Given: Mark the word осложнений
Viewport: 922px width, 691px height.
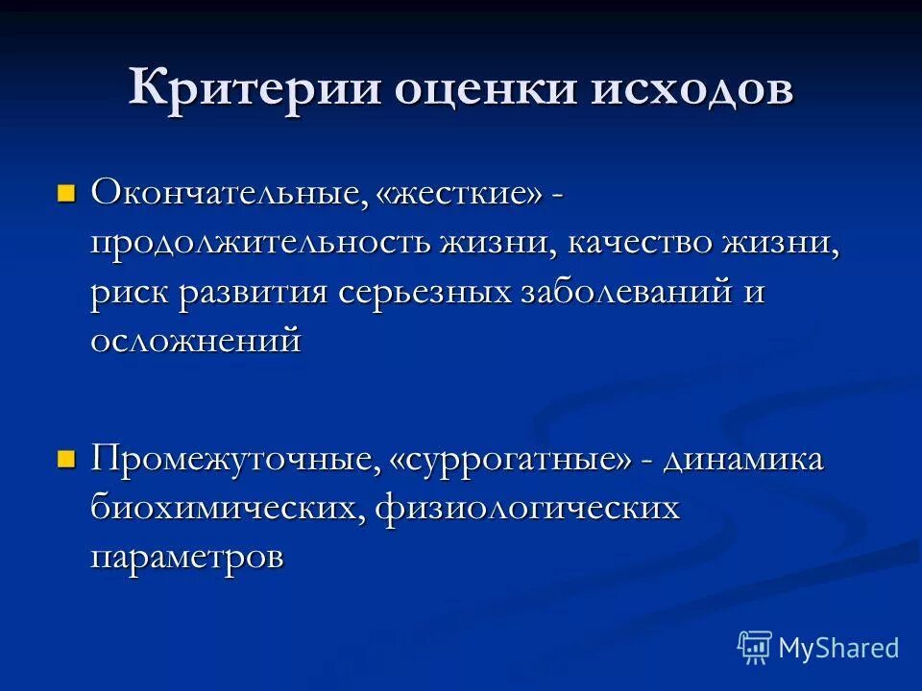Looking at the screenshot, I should click(196, 341).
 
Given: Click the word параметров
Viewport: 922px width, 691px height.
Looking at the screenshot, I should click(187, 558).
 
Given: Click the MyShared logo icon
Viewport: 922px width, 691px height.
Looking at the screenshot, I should click(755, 647).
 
